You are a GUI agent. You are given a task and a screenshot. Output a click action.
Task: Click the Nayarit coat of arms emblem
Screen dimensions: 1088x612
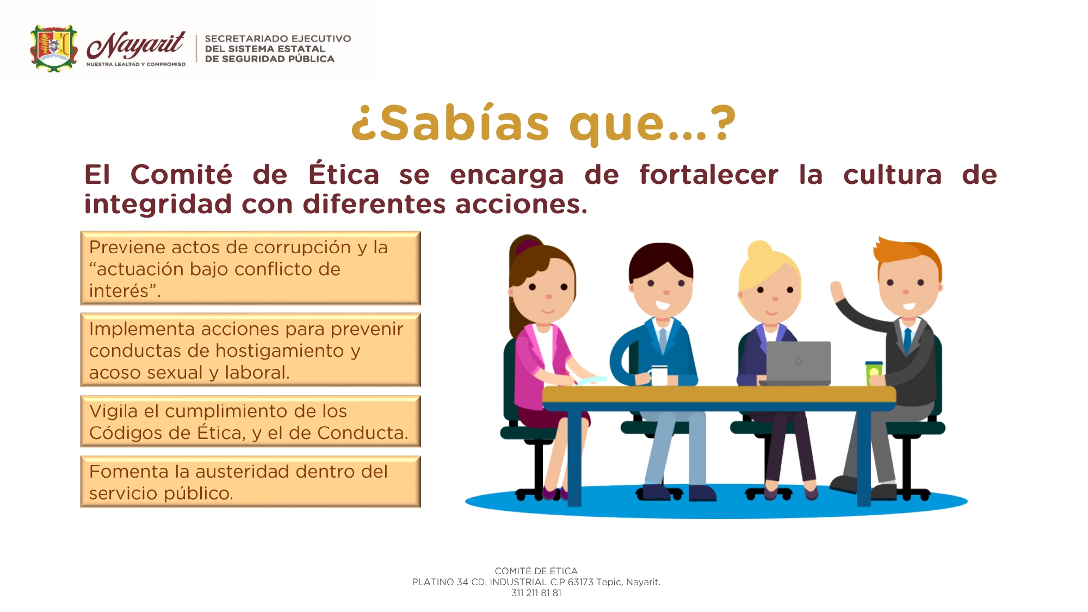(53, 48)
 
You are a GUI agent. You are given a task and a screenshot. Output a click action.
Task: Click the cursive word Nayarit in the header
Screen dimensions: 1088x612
(136, 45)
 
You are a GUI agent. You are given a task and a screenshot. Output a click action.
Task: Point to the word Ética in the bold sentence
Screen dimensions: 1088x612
(344, 174)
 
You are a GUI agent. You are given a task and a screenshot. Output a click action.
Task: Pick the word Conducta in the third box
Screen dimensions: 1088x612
(362, 433)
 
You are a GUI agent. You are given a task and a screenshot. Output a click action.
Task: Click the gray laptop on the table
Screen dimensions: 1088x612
(797, 363)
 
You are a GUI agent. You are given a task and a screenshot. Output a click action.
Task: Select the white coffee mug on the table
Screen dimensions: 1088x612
(658, 375)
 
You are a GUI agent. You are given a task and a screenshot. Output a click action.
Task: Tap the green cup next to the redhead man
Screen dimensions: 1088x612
(874, 373)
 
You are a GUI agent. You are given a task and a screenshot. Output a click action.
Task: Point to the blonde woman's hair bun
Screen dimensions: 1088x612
(759, 250)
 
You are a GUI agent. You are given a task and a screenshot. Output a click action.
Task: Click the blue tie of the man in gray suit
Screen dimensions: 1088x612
(907, 340)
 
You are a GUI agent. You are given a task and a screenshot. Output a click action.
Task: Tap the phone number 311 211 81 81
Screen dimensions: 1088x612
(536, 593)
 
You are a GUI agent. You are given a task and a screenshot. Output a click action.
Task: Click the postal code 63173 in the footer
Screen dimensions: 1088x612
(580, 582)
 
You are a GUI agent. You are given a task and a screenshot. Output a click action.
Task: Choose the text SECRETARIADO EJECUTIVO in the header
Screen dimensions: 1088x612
(278, 39)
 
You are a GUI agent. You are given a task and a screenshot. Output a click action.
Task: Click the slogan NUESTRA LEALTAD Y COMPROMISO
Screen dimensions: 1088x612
(136, 64)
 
